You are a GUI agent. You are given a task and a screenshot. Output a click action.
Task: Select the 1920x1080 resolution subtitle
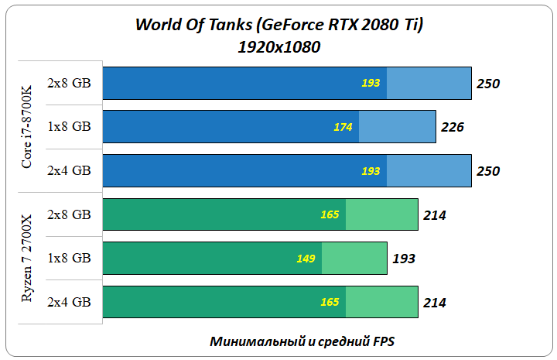click(x=278, y=47)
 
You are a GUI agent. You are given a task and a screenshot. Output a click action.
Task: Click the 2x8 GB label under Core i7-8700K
click(x=69, y=83)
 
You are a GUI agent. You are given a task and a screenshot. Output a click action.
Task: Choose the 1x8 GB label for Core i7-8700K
click(x=69, y=126)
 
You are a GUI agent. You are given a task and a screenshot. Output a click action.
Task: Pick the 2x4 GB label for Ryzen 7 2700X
click(x=69, y=302)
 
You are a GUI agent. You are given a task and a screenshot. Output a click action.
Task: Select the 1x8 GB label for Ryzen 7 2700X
click(x=69, y=258)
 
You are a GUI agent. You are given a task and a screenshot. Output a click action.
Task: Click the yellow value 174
click(x=343, y=126)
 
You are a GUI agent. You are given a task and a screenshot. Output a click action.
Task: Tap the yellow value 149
click(x=306, y=258)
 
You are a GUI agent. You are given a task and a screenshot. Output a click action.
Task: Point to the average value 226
click(x=453, y=126)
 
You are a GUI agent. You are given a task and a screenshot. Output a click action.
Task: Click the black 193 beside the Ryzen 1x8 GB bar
click(x=404, y=258)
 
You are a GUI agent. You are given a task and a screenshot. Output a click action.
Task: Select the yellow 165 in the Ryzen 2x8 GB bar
click(x=330, y=214)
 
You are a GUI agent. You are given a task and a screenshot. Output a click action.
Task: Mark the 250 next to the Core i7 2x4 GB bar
click(x=488, y=171)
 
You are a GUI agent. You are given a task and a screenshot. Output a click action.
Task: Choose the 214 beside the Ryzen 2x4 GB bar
click(x=435, y=302)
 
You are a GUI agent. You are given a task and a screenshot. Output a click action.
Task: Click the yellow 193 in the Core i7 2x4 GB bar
click(x=371, y=170)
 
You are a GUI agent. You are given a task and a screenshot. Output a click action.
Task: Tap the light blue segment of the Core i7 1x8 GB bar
click(x=397, y=126)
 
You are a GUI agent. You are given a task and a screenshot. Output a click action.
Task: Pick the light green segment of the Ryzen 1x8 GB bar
click(x=354, y=258)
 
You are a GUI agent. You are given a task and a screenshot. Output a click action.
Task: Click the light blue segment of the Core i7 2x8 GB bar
click(x=429, y=83)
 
